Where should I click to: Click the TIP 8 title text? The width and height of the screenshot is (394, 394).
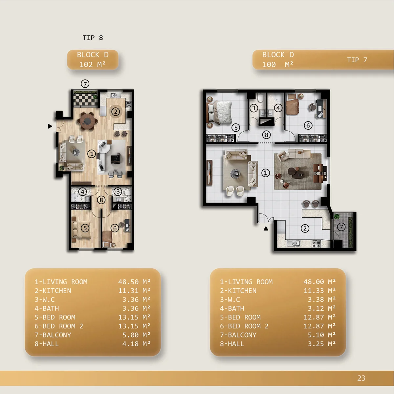pos(93,38)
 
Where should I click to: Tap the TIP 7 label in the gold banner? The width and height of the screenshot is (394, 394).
pos(357,60)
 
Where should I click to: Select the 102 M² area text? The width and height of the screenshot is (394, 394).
pos(92,65)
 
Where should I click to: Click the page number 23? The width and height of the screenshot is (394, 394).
pos(361,378)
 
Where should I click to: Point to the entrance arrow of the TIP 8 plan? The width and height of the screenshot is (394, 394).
pos(50,126)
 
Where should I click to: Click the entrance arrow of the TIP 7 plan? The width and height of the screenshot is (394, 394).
pos(266,229)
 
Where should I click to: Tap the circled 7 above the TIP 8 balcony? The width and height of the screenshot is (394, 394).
pos(85,84)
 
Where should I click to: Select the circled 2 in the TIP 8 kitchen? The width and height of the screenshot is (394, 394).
pos(116,112)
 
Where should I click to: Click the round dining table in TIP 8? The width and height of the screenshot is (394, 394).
pos(87,121)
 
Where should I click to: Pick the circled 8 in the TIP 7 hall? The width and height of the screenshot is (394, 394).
pos(266,135)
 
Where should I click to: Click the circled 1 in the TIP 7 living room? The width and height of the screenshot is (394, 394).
pos(265,173)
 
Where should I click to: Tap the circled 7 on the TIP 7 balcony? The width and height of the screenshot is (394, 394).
pos(341,227)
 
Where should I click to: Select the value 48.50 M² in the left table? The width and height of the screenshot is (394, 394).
pos(134,282)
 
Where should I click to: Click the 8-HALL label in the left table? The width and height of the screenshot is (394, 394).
pos(47,344)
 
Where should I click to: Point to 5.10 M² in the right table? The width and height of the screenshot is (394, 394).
pos(322,335)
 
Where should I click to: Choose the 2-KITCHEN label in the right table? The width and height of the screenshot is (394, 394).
pos(238,291)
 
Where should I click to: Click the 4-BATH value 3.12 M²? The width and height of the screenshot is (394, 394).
pos(322,308)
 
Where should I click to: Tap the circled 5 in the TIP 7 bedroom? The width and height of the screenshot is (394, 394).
pos(236,128)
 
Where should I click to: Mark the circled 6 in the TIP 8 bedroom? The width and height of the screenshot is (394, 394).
pos(115,228)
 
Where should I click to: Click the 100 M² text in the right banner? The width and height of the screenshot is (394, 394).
pos(278,65)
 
